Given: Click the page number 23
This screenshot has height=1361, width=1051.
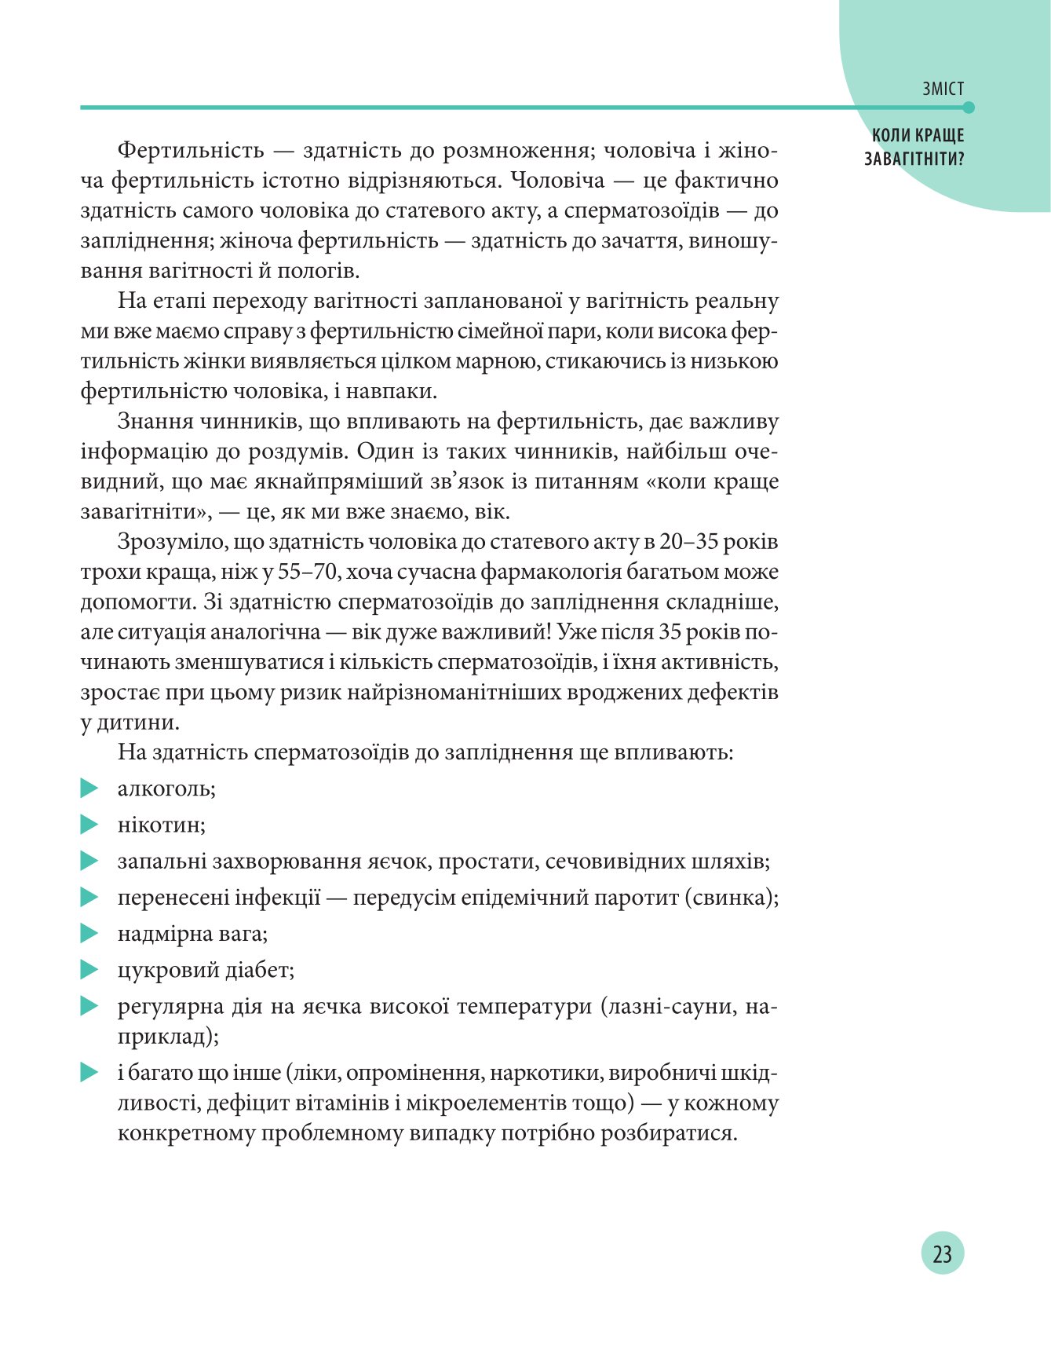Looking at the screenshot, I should point(942,1253).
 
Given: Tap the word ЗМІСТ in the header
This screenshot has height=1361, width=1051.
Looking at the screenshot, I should point(943,90).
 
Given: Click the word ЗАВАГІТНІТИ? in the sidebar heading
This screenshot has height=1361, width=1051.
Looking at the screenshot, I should point(914,159).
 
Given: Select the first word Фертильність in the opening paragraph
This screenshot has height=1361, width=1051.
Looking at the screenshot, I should point(189,151).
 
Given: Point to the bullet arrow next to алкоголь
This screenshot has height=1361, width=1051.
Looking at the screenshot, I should point(89,788).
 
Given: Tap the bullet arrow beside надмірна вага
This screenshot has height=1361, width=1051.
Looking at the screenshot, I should point(89,933).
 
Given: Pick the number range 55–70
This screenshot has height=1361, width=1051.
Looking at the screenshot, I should point(308,572).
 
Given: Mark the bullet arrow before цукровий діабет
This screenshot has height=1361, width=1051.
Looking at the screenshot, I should point(89,970).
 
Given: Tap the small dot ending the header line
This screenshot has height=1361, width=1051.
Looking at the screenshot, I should point(969,108).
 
